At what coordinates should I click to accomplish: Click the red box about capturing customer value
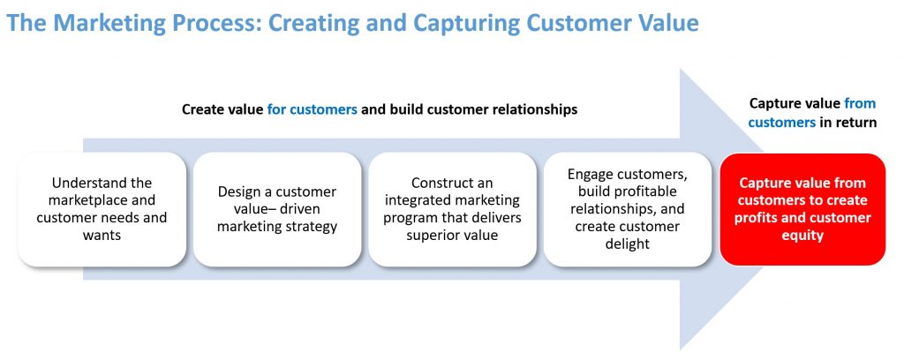coord(802,209)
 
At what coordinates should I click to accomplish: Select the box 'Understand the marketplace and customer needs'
coord(102,209)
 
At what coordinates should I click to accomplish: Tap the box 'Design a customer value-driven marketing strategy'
coord(276,209)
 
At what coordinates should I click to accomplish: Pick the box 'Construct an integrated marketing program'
coord(451,209)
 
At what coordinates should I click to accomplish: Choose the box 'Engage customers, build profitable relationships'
coord(627,209)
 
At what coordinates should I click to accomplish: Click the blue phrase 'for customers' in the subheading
coord(312,109)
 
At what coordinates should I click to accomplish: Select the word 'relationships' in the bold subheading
coord(531,109)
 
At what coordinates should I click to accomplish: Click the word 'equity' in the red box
coord(802,236)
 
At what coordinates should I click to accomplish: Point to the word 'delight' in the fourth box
coord(627,244)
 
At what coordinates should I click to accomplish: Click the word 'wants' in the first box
coord(102,236)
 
